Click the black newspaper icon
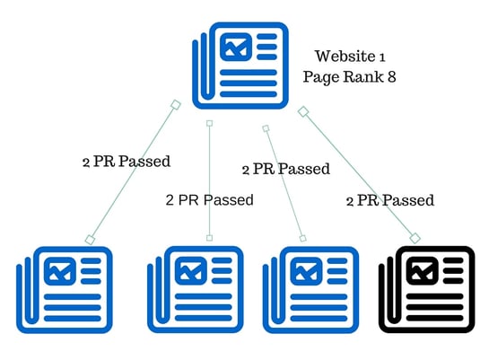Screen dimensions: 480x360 point(427,290)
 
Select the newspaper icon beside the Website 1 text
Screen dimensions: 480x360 point(240,66)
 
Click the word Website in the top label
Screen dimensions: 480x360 point(345,57)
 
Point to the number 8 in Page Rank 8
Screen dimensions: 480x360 point(391,76)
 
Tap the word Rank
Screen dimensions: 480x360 point(362,76)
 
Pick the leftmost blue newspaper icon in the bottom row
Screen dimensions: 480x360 point(65,290)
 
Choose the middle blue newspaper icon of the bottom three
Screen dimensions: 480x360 point(196,290)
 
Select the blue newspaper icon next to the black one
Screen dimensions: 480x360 point(310,290)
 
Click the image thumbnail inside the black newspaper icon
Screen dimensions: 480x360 point(422,271)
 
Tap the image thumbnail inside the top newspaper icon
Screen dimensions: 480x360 point(236,48)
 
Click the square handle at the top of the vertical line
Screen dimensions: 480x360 point(209,123)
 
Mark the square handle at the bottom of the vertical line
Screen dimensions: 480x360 point(209,238)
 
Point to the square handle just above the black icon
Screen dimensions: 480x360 point(415,238)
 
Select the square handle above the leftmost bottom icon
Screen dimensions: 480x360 point(90,240)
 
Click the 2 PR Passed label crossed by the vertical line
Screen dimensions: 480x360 point(210,200)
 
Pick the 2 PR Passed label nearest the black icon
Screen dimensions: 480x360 point(390,201)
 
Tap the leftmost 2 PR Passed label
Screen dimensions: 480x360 point(127,162)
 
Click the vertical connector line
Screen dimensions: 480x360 point(209,180)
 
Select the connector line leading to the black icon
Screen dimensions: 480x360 point(359,175)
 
